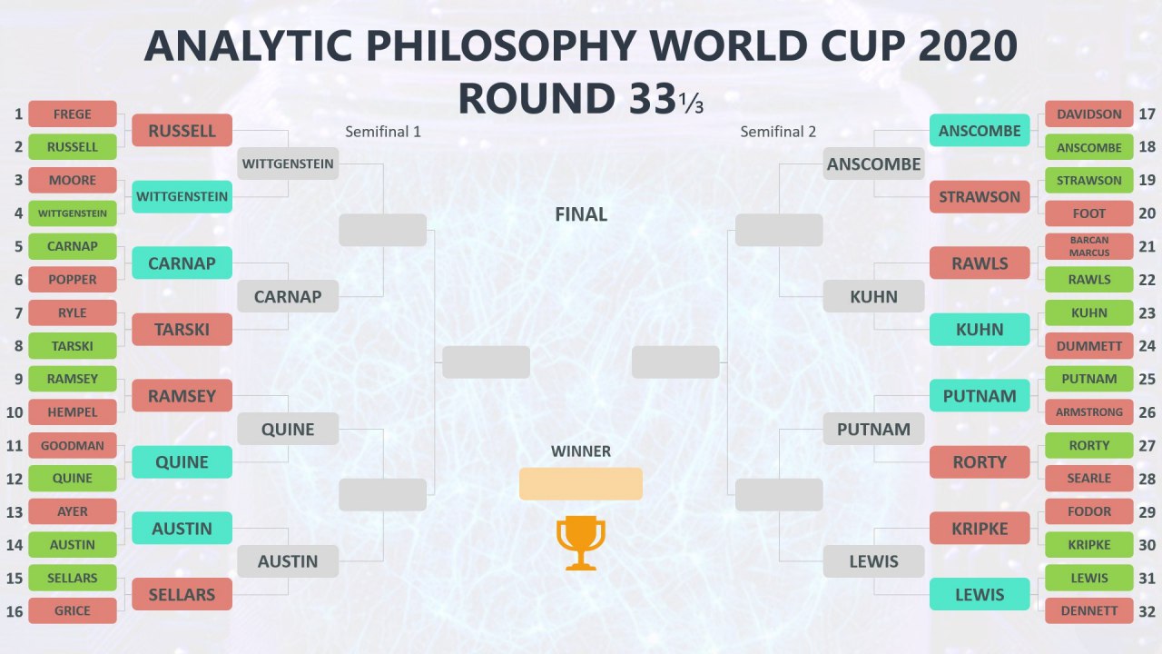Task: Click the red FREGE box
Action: pos(73,114)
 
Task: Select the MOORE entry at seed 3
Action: pos(73,180)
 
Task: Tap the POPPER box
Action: pos(73,279)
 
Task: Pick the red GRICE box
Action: pos(73,610)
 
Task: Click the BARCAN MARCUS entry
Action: pos(1088,246)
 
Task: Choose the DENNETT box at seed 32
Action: pos(1088,610)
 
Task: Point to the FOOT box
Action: pos(1088,213)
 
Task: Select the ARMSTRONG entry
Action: pos(1088,412)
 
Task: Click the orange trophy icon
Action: pos(580,543)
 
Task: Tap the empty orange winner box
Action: pos(580,484)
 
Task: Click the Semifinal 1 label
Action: pos(383,132)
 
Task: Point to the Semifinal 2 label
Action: pos(778,132)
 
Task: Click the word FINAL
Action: pos(581,214)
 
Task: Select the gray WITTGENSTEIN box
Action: pos(288,163)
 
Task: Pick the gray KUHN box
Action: pos(873,296)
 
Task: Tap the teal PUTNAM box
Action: pos(980,395)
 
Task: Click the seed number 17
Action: pos(1147,114)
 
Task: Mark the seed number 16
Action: pos(15,611)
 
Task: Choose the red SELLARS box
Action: pos(182,594)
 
